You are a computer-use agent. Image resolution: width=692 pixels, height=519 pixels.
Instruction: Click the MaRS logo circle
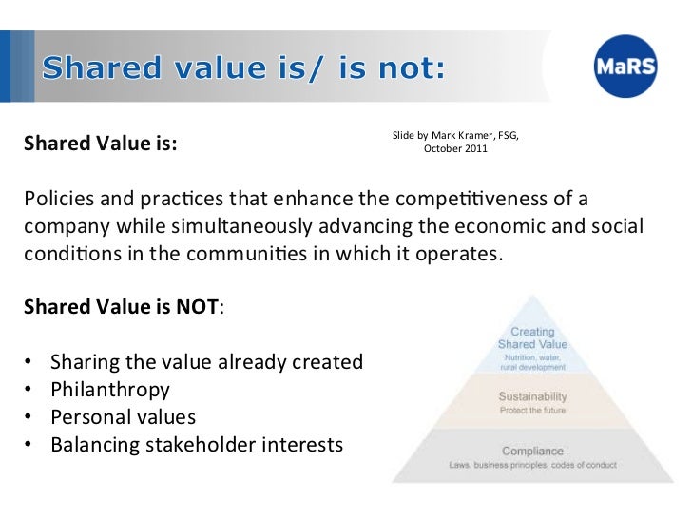point(626,67)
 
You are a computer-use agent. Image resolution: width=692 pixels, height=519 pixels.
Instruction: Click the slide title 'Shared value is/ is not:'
point(242,68)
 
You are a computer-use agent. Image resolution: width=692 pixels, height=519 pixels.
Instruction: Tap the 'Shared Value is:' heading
point(100,145)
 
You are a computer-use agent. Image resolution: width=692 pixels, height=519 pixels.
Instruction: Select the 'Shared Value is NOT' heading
point(122,308)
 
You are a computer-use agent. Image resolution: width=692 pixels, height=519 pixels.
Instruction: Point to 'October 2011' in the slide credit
point(455,149)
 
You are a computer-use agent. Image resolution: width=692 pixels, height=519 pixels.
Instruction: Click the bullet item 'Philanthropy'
point(110,390)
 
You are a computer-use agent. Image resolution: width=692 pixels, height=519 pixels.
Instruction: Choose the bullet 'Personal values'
point(123,417)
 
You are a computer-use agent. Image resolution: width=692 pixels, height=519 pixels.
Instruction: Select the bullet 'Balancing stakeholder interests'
point(196,445)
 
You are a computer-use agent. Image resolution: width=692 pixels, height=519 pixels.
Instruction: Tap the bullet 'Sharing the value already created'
point(206,362)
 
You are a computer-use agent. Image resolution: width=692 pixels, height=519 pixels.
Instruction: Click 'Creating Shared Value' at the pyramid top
point(532,338)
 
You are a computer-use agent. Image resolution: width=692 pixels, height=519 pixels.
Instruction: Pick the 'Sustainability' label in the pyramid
point(532,395)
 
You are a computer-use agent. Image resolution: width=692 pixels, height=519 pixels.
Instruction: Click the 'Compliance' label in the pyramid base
point(532,450)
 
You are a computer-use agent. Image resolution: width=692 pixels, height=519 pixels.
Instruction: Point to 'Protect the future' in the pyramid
point(532,411)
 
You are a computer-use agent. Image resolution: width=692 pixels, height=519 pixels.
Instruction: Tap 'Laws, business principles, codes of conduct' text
point(532,465)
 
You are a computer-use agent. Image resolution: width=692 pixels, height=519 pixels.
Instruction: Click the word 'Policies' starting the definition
point(56,200)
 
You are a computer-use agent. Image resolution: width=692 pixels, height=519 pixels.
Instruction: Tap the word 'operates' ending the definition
point(462,255)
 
